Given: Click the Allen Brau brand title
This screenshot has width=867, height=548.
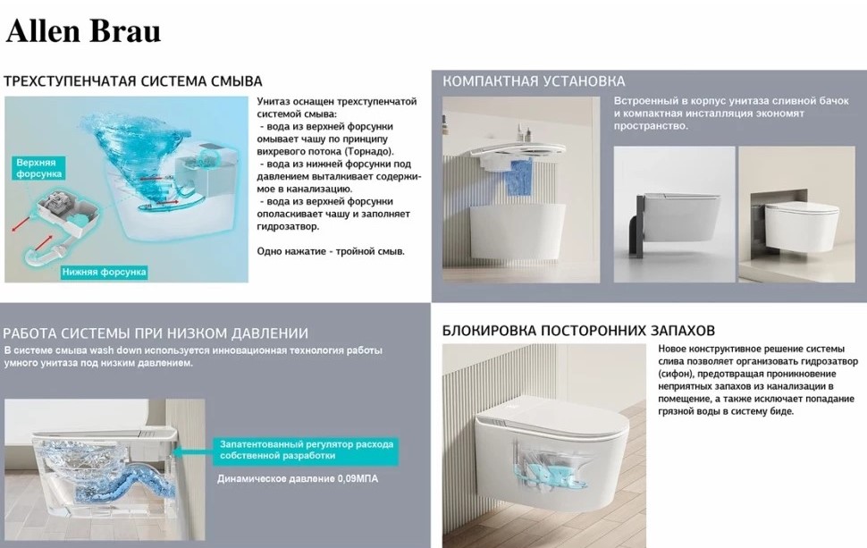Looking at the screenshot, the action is pos(83,31).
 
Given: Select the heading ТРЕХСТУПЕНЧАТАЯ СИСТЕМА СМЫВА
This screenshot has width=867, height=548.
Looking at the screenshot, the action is pos(132,81).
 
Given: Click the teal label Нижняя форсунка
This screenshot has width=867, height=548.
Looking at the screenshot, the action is pos(104,272).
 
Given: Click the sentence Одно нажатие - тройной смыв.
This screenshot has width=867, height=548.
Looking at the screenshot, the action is pos(331,251).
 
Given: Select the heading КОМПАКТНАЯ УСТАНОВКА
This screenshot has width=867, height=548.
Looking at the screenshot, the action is pos(534,81).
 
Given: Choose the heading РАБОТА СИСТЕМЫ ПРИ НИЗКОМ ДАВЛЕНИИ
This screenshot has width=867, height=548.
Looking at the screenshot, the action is pos(156,333).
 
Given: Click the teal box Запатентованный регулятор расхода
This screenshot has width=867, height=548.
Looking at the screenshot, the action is pos(306,450).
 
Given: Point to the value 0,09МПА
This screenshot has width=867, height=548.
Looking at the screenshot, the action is pos(358,478).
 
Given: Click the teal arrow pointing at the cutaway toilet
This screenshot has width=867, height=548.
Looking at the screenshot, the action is pos(194,451).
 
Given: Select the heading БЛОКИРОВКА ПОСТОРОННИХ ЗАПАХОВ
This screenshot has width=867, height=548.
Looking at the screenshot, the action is pos(578,331).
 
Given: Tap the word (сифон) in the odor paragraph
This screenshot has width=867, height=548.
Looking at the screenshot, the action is pos(673,374).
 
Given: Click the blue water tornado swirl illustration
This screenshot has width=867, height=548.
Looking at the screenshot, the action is pos(139,160).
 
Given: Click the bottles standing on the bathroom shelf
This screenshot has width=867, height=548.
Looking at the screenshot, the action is pos(523,132).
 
